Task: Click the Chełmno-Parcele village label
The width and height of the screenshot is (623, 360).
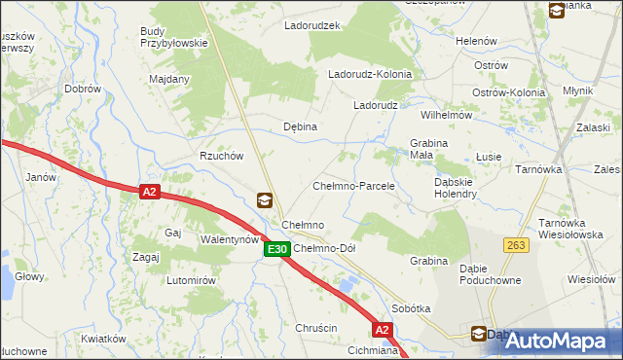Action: point(352,185)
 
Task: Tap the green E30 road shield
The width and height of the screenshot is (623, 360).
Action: point(276,250)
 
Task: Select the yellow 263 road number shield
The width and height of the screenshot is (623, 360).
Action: point(515,245)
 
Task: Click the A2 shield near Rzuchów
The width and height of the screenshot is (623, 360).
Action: point(148,193)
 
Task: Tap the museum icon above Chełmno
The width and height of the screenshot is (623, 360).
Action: point(265,200)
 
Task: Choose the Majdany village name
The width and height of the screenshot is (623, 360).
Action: point(168,79)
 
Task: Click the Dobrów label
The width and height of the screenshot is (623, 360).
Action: point(83,89)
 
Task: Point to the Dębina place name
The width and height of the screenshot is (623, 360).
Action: point(300,126)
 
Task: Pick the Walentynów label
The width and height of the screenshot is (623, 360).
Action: point(230,238)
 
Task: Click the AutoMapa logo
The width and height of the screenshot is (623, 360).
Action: point(558,341)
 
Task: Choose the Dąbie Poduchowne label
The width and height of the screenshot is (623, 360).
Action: point(490,274)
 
